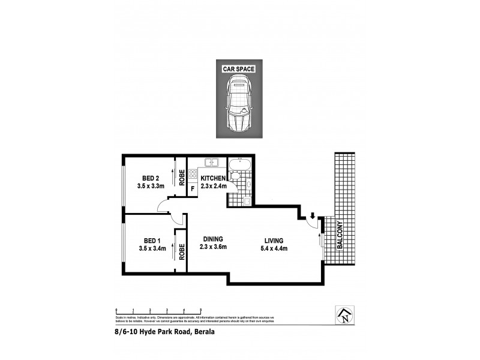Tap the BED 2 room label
click(x=151, y=178)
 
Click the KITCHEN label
click(x=213, y=179)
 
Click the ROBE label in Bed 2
click(x=181, y=177)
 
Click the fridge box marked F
click(x=193, y=189)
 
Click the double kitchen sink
click(x=211, y=163)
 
